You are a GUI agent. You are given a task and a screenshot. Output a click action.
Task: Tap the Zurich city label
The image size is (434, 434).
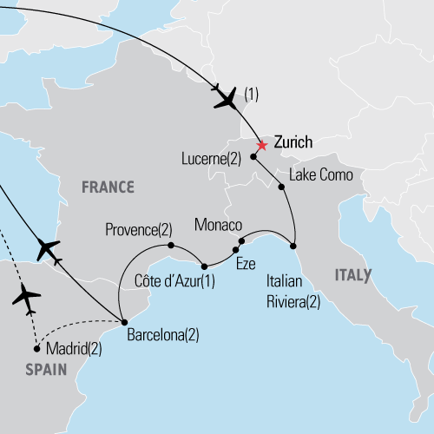click(x=293, y=141)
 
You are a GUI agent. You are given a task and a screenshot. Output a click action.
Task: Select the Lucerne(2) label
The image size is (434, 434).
click(x=214, y=158)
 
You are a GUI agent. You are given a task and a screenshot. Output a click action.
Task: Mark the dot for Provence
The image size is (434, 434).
click(x=171, y=245)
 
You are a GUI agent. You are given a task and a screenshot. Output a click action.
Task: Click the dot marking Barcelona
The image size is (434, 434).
click(x=123, y=320)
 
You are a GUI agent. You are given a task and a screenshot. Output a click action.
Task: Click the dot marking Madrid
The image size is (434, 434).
click(x=36, y=349)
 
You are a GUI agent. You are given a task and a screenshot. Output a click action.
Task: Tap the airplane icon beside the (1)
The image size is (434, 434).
click(x=224, y=98)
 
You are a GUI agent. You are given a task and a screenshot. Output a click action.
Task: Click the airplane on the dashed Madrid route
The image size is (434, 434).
click(x=27, y=298)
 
